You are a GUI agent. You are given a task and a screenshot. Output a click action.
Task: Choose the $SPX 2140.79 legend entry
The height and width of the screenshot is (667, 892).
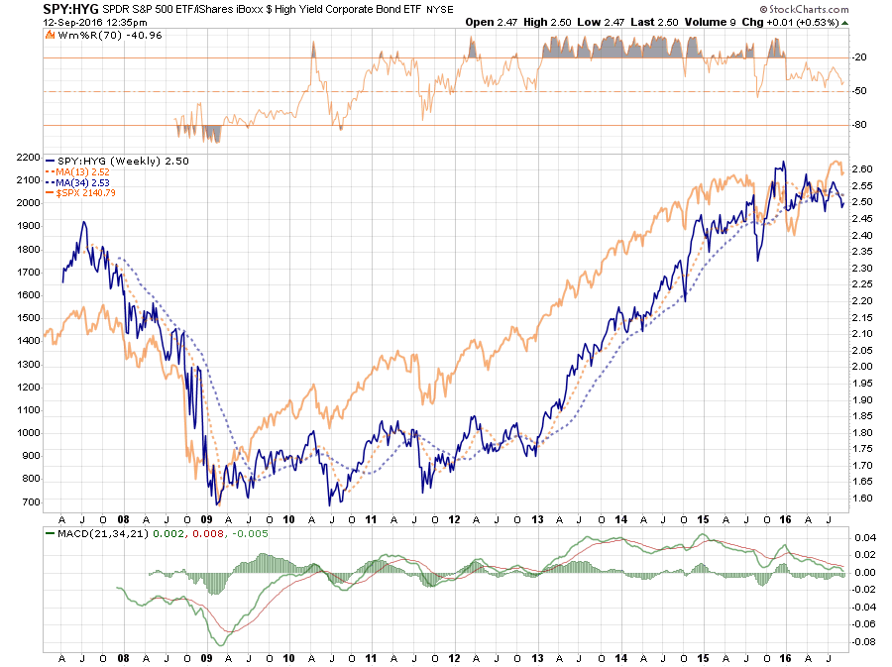[88, 193]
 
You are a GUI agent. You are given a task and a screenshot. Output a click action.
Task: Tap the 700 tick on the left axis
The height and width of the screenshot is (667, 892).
[30, 501]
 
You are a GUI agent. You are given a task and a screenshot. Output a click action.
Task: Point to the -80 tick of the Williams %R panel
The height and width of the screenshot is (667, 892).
[858, 125]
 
